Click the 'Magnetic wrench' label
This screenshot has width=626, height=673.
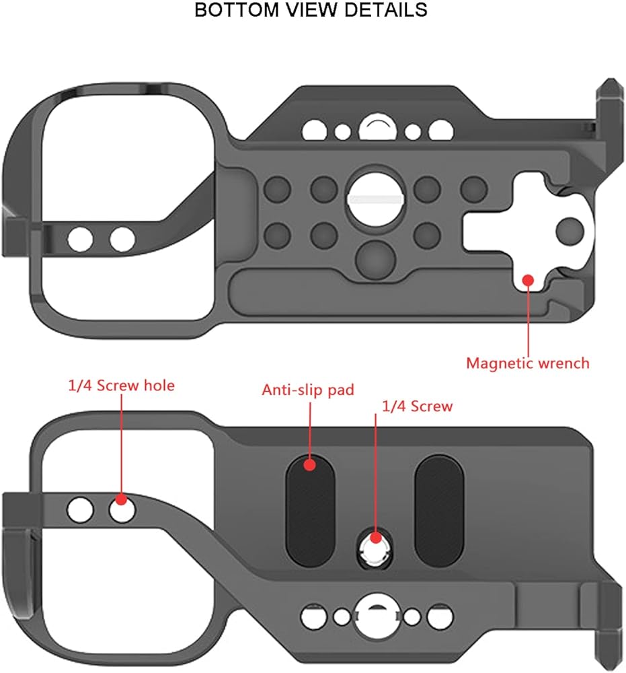click(527, 363)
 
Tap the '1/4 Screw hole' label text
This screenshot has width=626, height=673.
click(121, 385)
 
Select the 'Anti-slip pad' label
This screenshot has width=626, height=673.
click(308, 390)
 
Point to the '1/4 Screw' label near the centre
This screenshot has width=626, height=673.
click(417, 406)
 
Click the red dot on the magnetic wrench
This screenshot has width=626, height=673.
click(529, 280)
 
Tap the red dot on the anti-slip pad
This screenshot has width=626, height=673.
click(309, 464)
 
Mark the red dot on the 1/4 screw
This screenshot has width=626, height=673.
click(376, 537)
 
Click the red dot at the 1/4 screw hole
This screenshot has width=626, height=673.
click(121, 499)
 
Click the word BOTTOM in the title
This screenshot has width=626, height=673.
click(237, 10)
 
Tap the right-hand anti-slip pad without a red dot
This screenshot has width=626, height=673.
click(439, 511)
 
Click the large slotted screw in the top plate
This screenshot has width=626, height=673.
click(375, 198)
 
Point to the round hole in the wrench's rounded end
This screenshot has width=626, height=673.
click(570, 231)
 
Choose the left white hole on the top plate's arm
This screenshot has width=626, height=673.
click(80, 240)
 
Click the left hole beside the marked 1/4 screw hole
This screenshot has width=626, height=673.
click(80, 510)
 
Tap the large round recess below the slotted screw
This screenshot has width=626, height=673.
click(375, 259)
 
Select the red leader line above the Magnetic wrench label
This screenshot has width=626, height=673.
click(529, 320)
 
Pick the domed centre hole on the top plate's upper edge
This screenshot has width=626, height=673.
click(377, 127)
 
